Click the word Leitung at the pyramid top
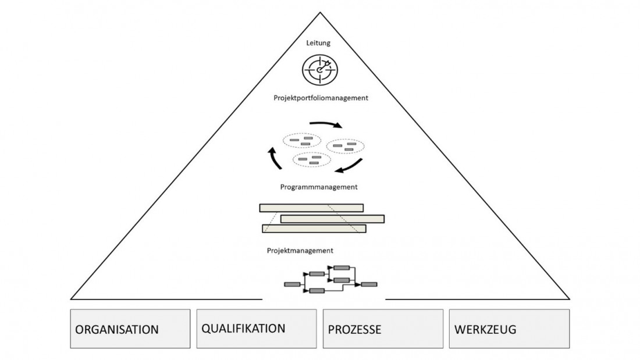click(319, 42)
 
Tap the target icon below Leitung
click(319, 70)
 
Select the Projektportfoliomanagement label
click(321, 98)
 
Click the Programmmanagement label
click(318, 187)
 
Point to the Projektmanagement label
click(300, 251)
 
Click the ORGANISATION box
click(130, 329)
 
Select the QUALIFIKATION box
click(257, 328)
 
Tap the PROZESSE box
click(383, 329)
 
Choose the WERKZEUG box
click(509, 329)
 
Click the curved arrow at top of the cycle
click(328, 124)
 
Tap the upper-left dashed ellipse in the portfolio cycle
click(301, 140)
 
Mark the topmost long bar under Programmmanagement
click(311, 208)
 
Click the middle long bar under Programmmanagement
click(332, 219)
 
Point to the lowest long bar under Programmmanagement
click(314, 229)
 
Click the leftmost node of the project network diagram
click(292, 284)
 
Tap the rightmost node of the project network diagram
click(369, 284)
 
